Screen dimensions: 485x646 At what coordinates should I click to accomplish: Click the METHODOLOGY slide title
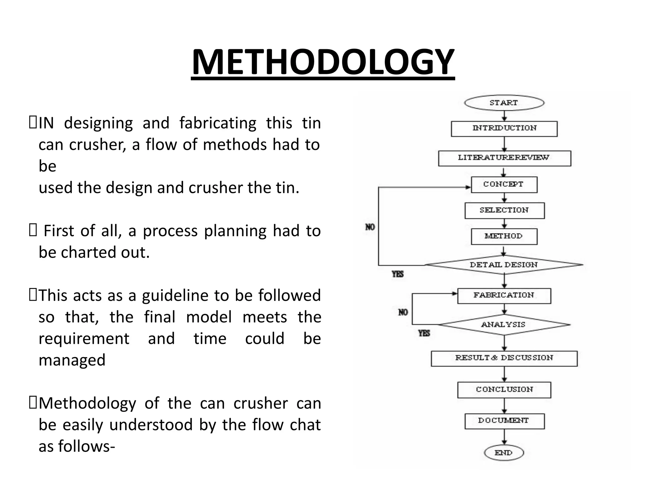pyautogui.click(x=323, y=62)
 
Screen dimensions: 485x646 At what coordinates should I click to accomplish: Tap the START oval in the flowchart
pyautogui.click(x=504, y=103)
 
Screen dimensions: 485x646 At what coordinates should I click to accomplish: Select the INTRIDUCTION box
pyautogui.click(x=504, y=129)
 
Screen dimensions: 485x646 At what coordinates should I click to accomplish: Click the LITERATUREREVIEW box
pyautogui.click(x=504, y=158)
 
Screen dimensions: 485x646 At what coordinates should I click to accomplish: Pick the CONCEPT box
pyautogui.click(x=504, y=184)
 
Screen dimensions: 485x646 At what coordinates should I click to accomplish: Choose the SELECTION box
pyautogui.click(x=504, y=210)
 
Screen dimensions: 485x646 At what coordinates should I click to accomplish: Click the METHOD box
pyautogui.click(x=504, y=236)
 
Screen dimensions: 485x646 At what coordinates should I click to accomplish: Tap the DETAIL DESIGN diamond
pyautogui.click(x=504, y=265)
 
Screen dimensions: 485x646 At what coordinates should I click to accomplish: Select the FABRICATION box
pyautogui.click(x=504, y=296)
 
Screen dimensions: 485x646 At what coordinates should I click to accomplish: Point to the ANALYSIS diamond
pyautogui.click(x=504, y=324)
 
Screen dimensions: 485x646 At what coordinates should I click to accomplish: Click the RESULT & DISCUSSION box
pyautogui.click(x=504, y=358)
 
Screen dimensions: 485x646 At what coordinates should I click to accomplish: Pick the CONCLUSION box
pyautogui.click(x=504, y=390)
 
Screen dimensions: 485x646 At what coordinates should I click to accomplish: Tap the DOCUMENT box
pyautogui.click(x=504, y=421)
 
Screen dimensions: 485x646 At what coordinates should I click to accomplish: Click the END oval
pyautogui.click(x=504, y=453)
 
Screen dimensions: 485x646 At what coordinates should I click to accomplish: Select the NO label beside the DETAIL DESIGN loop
pyautogui.click(x=370, y=227)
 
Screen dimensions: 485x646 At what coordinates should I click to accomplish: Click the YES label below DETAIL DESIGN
pyautogui.click(x=398, y=274)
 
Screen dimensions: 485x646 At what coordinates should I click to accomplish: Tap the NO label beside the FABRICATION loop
pyautogui.click(x=403, y=312)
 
